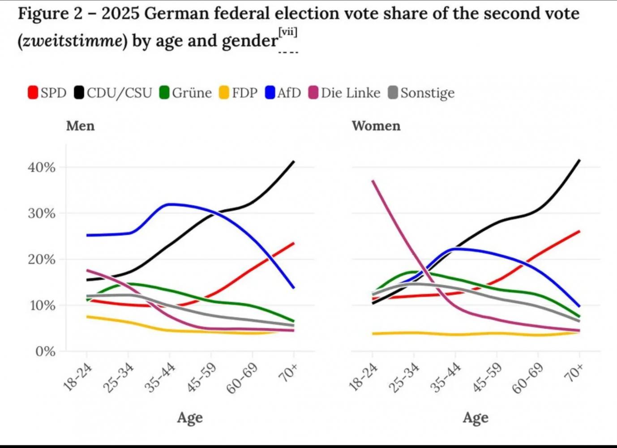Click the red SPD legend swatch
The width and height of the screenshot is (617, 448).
tap(33, 93)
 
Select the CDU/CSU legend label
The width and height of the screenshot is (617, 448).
tap(119, 93)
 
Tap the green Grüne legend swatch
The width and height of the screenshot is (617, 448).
tap(164, 93)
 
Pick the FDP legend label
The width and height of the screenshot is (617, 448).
tap(244, 93)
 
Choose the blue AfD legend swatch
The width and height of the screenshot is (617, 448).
tap(270, 93)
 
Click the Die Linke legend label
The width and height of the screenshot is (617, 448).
tap(351, 93)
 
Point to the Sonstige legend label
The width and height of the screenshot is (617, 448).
tap(427, 93)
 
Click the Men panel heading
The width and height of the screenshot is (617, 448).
tap(81, 126)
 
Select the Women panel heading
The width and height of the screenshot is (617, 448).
tap(376, 126)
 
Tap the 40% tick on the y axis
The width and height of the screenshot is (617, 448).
tap(42, 168)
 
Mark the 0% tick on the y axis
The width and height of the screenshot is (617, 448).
tap(46, 351)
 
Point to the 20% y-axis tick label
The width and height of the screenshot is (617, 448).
tap(42, 259)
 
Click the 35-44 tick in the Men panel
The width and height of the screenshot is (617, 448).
tap(160, 378)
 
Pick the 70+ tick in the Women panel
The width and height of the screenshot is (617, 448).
tap(574, 373)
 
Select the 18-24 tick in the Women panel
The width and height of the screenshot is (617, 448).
tap(363, 377)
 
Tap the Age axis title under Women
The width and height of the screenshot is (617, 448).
tap(476, 418)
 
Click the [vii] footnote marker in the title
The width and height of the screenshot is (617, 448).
tap(287, 32)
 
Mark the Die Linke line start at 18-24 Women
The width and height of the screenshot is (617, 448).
tap(373, 181)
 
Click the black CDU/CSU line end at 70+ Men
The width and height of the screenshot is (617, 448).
tap(294, 162)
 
